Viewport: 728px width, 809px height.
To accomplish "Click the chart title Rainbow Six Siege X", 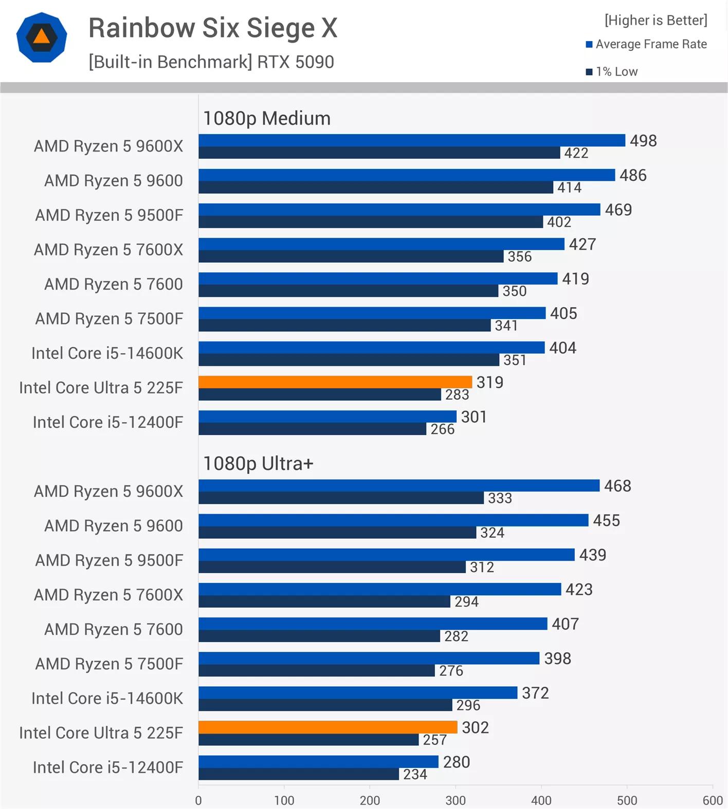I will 213,28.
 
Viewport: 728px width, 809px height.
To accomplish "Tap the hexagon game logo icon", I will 42,37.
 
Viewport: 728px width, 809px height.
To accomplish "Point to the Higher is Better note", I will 656,20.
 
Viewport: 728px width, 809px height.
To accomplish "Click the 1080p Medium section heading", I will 267,119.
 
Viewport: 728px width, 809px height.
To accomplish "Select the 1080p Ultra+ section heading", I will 258,464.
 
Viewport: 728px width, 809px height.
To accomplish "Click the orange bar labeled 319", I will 335,382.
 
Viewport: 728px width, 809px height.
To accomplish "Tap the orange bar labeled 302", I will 327,727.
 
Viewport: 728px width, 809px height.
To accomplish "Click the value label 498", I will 643,141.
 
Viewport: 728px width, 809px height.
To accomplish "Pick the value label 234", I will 415,774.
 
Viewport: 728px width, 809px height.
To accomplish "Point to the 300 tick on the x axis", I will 456,800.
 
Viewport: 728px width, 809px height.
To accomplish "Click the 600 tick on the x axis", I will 713,800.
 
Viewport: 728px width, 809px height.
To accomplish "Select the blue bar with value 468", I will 398,485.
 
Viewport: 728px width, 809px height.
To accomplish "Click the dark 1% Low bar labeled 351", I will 349,360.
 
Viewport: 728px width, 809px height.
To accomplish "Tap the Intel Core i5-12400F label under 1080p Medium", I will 108,422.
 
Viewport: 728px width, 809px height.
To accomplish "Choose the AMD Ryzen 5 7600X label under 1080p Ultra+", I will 108,595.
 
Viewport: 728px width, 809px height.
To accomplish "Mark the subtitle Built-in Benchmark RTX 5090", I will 211,62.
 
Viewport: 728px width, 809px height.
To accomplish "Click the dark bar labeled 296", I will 325,705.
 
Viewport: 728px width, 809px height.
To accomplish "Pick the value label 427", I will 582,244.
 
